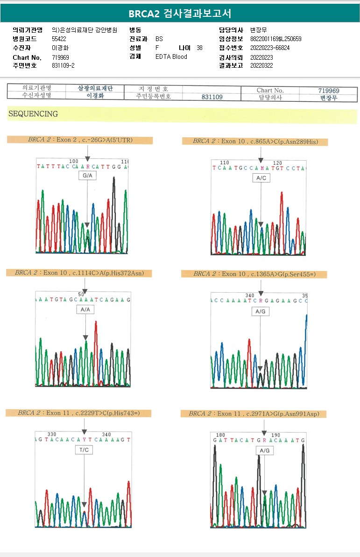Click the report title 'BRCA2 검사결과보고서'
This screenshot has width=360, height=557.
pyautogui.click(x=180, y=14)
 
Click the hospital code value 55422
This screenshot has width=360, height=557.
pyautogui.click(x=59, y=39)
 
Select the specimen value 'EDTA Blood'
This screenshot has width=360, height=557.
pyautogui.click(x=171, y=56)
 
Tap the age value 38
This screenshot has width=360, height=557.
pyautogui.click(x=199, y=48)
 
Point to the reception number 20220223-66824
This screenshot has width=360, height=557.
pyautogui.click(x=270, y=48)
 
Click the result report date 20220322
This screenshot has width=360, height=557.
pyautogui.click(x=261, y=65)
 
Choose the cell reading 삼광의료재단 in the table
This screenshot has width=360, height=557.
pyautogui.click(x=95, y=88)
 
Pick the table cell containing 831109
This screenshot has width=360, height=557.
pyautogui.click(x=212, y=97)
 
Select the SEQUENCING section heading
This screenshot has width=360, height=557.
pyautogui.click(x=33, y=114)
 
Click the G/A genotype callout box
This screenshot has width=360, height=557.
pyautogui.click(x=87, y=176)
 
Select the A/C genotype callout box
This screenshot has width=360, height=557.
pyautogui.click(x=261, y=178)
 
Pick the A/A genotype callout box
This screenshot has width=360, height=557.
pyautogui.click(x=85, y=310)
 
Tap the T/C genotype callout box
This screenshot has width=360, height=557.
pyautogui.click(x=84, y=450)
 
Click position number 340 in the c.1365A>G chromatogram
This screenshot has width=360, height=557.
pyautogui.click(x=250, y=295)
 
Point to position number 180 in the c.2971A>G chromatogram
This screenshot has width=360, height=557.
pyautogui.click(x=220, y=435)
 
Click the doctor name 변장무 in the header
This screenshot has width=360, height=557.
pyautogui.click(x=258, y=30)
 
